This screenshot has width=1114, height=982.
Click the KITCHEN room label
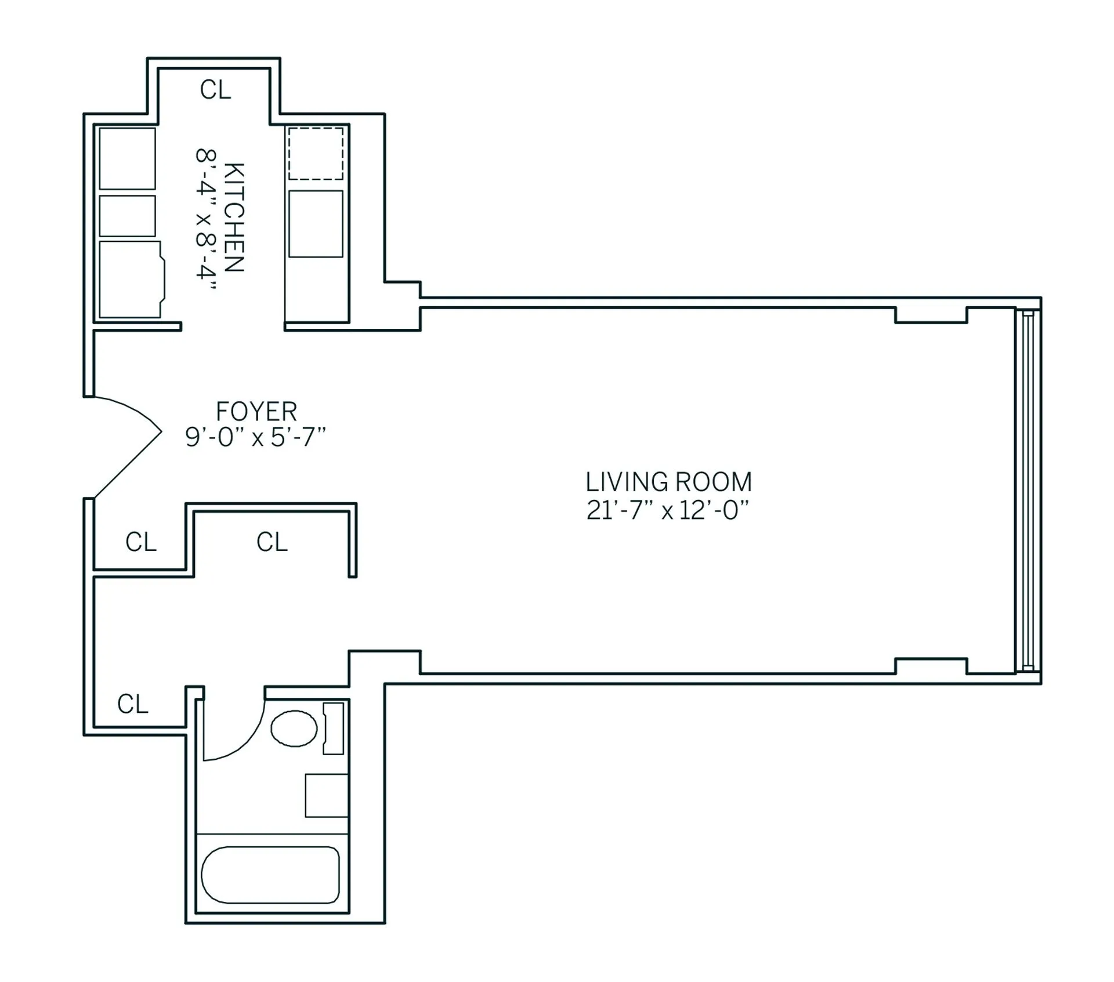coord(234,217)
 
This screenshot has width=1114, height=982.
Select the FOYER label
coord(256,412)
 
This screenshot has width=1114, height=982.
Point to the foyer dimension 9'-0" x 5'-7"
coord(255,437)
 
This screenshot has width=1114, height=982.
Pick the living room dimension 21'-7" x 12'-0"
coord(668,511)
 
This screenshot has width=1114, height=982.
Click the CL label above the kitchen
coord(215,90)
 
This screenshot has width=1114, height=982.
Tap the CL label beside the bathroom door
coord(133,704)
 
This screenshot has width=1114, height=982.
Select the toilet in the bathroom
coord(294,729)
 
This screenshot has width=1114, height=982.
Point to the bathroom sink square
coord(326,795)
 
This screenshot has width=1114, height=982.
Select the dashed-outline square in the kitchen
coord(316,154)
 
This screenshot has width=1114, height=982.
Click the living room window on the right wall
coord(1028,491)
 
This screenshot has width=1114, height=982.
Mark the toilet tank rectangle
coord(333,728)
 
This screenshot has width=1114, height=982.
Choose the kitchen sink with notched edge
coord(131,280)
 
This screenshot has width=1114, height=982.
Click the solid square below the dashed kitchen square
coord(316,223)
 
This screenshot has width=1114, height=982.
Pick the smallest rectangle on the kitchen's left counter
coord(127,216)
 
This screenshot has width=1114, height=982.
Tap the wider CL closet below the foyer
coord(272,542)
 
